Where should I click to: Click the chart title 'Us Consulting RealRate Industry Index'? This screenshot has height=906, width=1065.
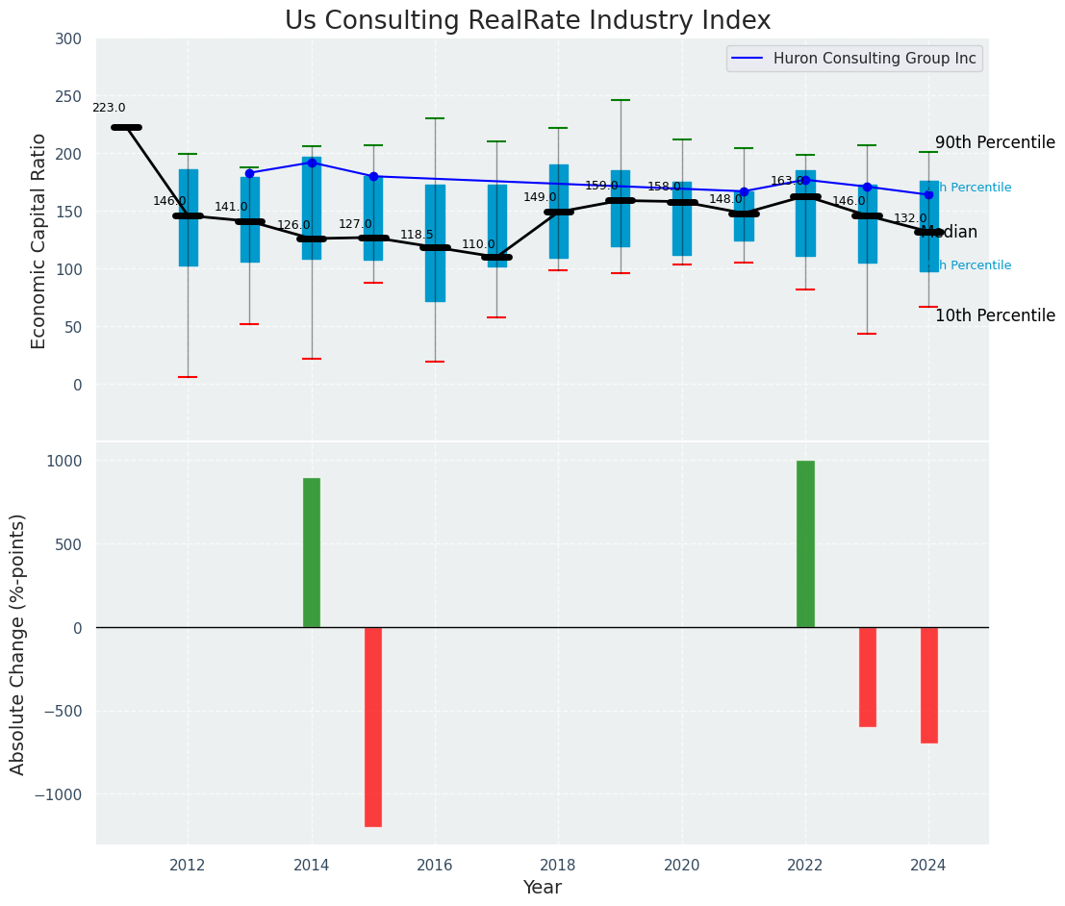527,21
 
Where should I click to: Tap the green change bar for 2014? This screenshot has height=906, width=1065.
312,552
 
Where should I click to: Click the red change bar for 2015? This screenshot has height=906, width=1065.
373,726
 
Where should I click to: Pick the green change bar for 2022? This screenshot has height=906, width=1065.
805,543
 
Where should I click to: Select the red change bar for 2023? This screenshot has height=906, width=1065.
867,676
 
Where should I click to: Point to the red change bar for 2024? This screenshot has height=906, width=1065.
928,685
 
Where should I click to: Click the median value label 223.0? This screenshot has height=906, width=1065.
109,109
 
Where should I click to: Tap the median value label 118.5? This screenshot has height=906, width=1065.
417,235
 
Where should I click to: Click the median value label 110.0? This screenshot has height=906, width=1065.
478,245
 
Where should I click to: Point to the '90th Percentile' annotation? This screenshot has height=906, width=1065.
995,143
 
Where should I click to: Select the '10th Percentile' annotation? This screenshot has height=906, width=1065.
995,316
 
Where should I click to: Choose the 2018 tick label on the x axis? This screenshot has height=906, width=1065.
558,865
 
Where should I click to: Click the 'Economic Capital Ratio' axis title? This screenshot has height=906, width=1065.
39,240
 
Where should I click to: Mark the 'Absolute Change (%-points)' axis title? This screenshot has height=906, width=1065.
18,643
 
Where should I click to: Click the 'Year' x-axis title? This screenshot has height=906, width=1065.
543,888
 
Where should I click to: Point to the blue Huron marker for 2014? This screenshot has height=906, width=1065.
312,163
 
